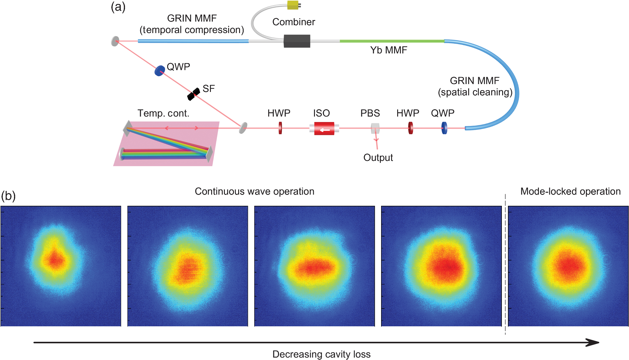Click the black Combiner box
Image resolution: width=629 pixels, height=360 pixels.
pos(297,41)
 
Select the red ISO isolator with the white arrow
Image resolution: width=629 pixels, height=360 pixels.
pos(324,128)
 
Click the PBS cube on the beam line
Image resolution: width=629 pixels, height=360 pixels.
pos(375,128)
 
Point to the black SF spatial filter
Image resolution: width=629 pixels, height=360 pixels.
pos(193,94)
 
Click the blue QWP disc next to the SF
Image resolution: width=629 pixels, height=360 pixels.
pos(160,70)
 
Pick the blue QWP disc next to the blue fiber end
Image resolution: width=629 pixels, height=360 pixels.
pos(444,128)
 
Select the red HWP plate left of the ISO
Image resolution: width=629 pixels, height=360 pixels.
pos(280,128)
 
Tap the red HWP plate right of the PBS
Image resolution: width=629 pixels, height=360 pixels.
pos(411,128)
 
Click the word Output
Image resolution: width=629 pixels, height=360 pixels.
pos(378,158)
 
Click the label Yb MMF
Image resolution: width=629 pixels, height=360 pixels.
pos(389,50)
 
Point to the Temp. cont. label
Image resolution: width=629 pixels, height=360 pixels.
pos(163,113)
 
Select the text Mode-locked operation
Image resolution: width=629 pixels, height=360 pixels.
pos(570,191)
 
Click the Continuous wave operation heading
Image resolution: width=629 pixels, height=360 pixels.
pos(255,191)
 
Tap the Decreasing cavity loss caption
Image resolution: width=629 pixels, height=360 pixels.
pos(321,354)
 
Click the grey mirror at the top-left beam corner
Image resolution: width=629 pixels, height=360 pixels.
pos(115,41)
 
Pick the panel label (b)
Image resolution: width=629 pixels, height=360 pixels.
pos(8,196)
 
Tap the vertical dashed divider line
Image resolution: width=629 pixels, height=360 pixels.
pos(505,264)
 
